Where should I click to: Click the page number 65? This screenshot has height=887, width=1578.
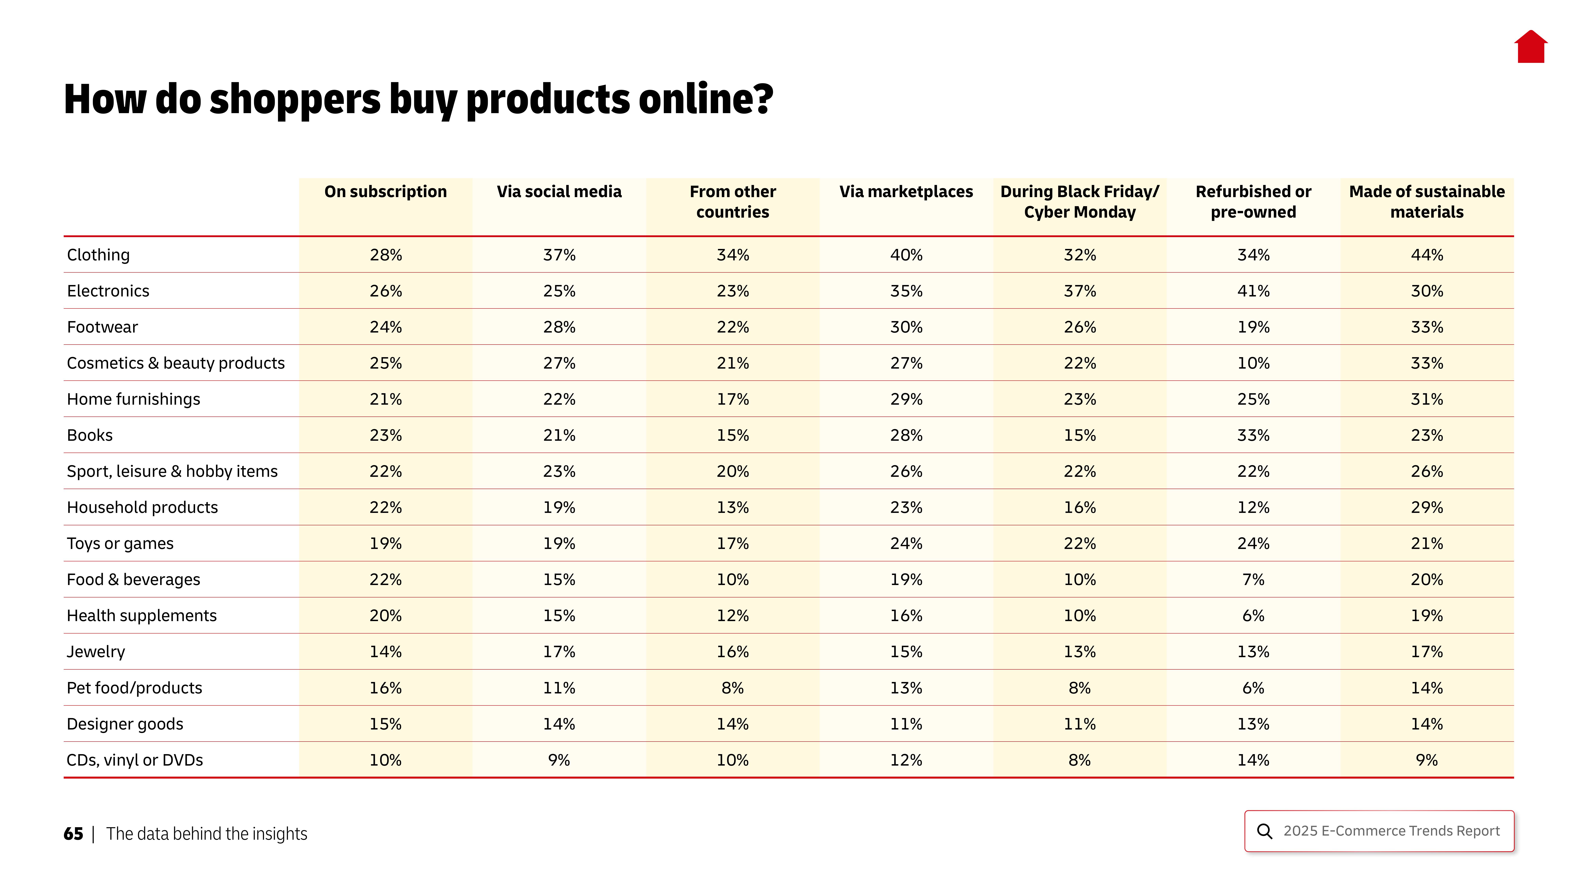click(73, 834)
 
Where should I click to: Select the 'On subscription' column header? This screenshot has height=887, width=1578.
click(385, 192)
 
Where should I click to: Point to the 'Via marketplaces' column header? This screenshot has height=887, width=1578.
click(906, 192)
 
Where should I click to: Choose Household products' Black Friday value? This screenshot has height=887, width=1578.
click(1079, 508)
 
